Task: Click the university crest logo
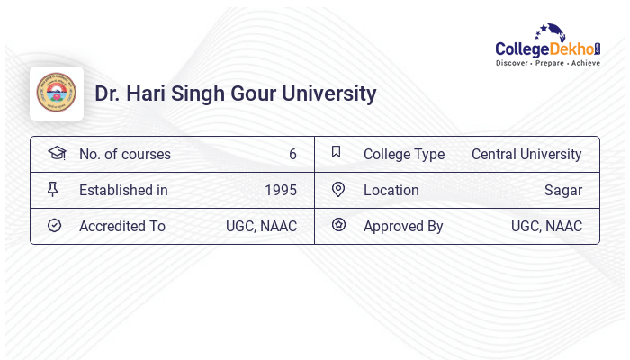(57, 93)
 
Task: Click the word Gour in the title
(258, 94)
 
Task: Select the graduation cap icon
(56, 153)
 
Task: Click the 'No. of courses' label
(124, 154)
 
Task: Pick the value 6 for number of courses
(292, 154)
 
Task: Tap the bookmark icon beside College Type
(336, 152)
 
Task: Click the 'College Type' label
(404, 154)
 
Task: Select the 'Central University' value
(526, 154)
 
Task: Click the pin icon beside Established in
(53, 189)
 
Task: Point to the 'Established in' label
(123, 190)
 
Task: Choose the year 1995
(281, 190)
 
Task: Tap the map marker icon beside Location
(337, 189)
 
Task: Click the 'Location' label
(391, 190)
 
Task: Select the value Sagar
(563, 190)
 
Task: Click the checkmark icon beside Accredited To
(54, 225)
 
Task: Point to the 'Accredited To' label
(122, 226)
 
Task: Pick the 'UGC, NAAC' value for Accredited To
(261, 226)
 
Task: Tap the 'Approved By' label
(403, 226)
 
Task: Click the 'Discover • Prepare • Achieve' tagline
(547, 63)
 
